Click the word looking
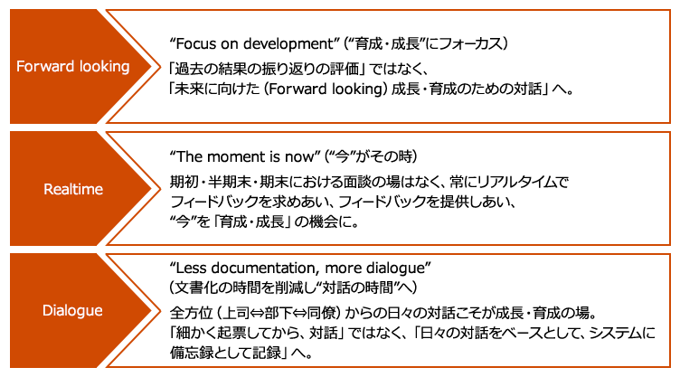click(102, 67)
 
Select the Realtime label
click(73, 189)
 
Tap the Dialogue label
click(72, 311)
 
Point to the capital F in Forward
click(21, 67)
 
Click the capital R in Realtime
click(48, 189)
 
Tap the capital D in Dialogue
click(47, 311)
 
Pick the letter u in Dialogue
click(89, 311)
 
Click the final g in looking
click(126, 69)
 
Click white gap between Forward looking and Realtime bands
click(340, 127)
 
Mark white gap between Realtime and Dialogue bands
click(340, 250)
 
